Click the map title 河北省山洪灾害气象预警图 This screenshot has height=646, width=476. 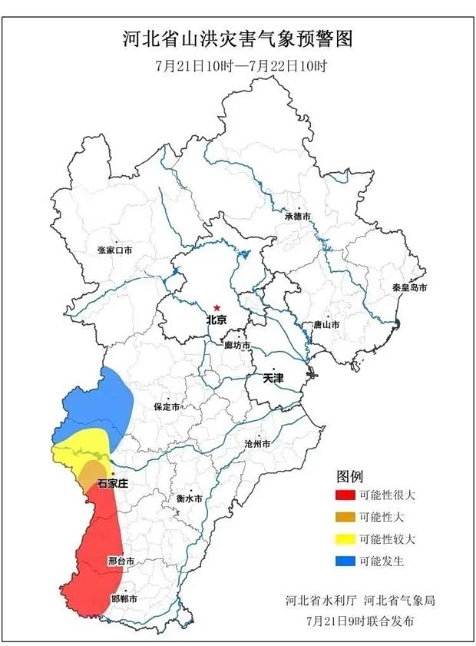coord(238,38)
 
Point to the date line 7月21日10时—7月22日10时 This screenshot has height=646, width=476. coord(240,65)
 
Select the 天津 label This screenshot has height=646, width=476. coord(273,379)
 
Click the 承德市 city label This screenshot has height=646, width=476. coord(297,217)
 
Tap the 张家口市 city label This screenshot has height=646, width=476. coord(114,250)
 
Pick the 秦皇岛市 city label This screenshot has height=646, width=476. coord(408,287)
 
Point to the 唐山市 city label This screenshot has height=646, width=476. coord(326,325)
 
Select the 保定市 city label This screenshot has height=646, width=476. coord(167,406)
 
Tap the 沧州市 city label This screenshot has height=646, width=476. coord(256,444)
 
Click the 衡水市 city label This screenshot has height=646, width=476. coord(189,498)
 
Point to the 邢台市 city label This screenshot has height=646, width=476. coord(121,562)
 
